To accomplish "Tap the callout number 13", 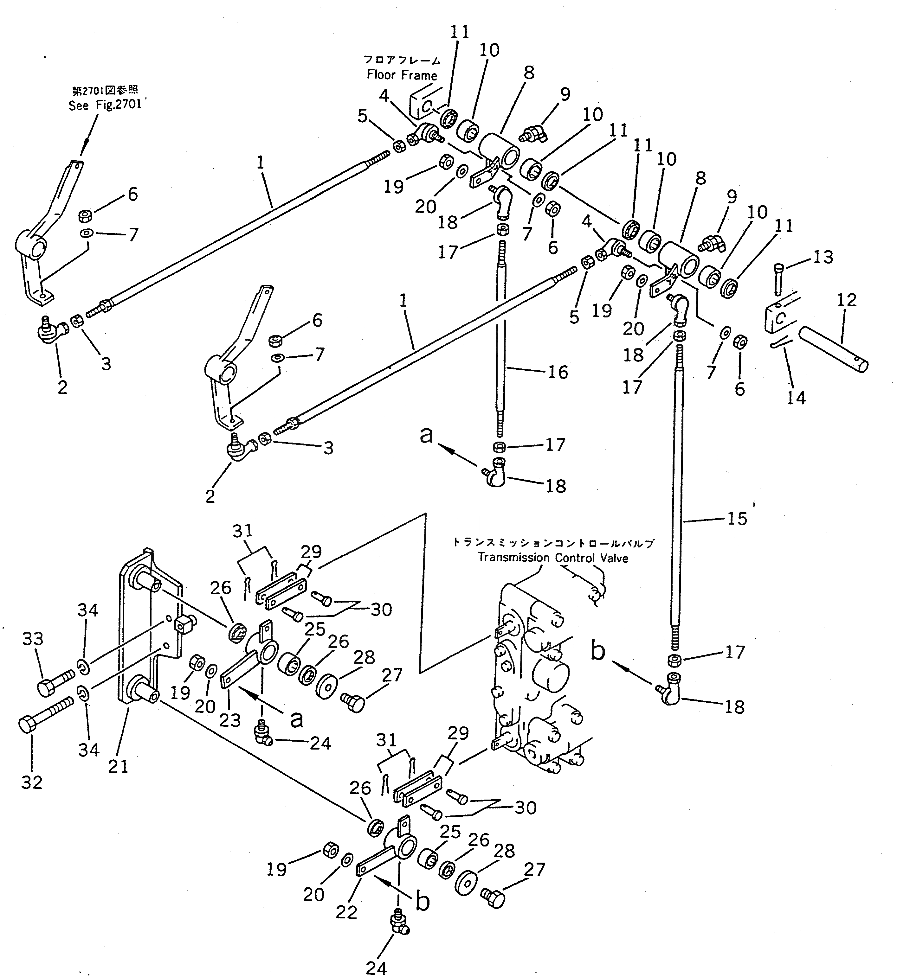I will [823, 257].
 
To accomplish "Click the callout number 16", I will [558, 372].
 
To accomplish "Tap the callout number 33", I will [33, 639].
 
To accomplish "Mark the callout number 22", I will [346, 912].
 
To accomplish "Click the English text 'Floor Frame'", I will [402, 75].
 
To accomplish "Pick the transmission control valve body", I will [539, 679].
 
